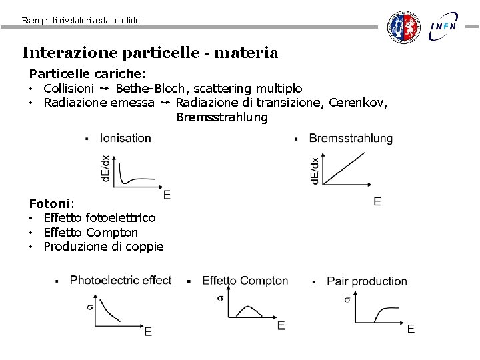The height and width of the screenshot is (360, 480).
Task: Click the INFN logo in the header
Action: (443, 26)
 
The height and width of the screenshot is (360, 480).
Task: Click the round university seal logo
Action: (405, 27)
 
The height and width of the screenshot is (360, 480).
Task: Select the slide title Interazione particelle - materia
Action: (150, 53)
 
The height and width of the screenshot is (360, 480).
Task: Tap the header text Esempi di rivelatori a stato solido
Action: (81, 21)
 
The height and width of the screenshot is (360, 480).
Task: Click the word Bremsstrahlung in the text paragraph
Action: (222, 118)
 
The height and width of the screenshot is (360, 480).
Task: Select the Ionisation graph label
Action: (125, 139)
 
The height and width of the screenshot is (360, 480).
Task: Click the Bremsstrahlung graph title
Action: (351, 139)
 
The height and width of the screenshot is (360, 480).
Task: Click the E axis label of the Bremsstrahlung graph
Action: (377, 201)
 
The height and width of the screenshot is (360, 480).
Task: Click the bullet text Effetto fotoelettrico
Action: (99, 218)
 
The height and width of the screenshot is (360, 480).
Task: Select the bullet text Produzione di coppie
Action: (103, 247)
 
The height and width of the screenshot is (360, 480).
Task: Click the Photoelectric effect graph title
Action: (121, 281)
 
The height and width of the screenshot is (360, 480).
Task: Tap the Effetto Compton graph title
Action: (245, 281)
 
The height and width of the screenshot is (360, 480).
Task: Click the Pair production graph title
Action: (367, 281)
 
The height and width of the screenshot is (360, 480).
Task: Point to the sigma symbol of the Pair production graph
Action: (347, 299)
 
